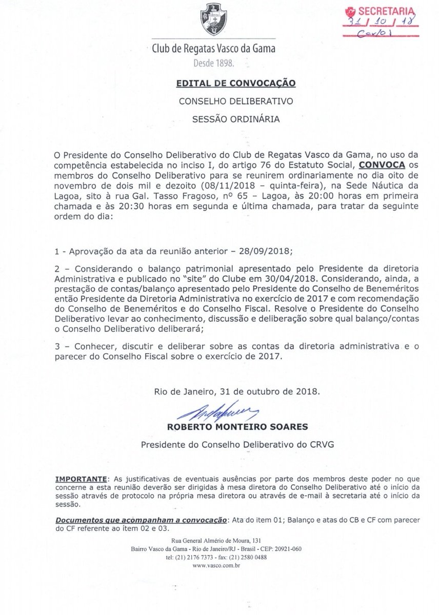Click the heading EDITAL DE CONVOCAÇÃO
pos(235,83)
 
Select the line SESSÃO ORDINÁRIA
pos(235,120)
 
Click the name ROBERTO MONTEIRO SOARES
pos(236,426)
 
